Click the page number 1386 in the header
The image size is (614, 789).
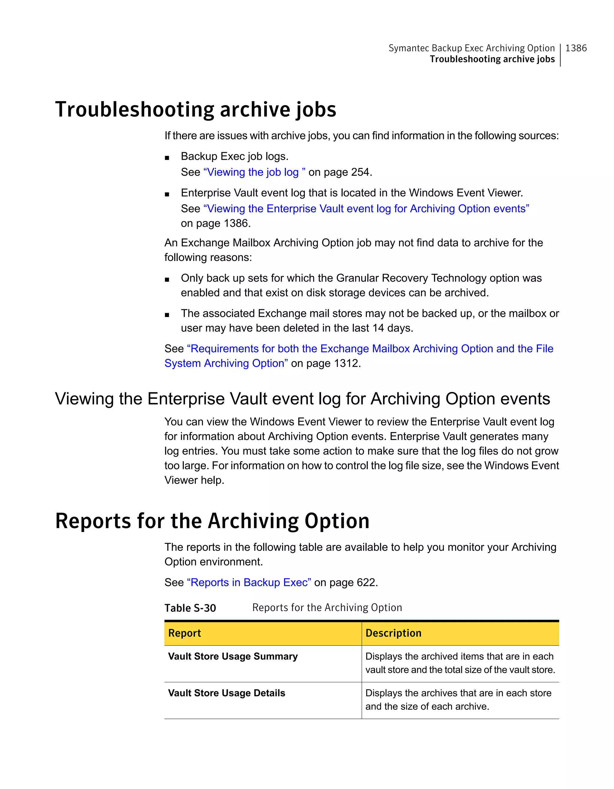coord(576,48)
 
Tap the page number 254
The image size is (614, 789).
coord(360,172)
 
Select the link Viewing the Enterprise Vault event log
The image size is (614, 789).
coord(366,209)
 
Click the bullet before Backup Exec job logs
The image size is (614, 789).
coord(167,158)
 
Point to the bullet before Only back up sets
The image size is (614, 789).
coord(167,280)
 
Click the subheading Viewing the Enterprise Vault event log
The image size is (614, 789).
coord(302,399)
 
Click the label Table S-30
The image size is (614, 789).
coord(190,608)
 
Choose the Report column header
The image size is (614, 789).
coord(185,633)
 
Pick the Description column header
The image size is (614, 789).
coord(393,633)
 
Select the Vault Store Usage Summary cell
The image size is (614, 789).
coord(233,657)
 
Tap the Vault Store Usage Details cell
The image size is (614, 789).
coord(227,693)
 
